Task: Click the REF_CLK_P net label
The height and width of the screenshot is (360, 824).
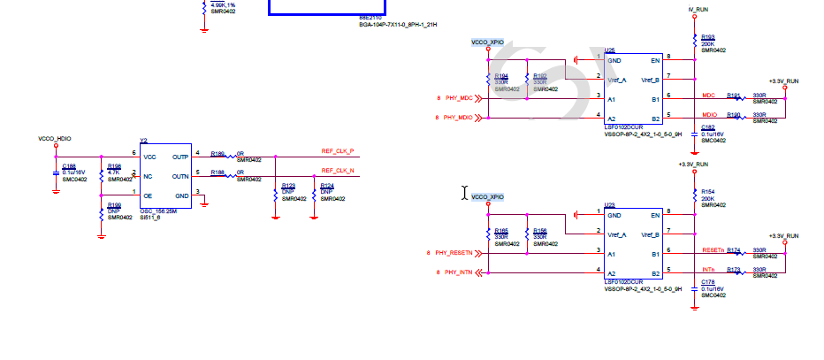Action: tap(338, 151)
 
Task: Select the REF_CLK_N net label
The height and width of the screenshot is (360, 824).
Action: tap(338, 170)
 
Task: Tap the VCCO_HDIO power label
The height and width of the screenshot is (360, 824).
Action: tap(54, 139)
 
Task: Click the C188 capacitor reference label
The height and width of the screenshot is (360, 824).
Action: tap(69, 165)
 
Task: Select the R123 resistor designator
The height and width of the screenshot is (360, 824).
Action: tap(288, 185)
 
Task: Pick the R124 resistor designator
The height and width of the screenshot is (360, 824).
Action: tap(326, 185)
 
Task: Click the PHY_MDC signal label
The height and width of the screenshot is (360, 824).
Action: tap(459, 97)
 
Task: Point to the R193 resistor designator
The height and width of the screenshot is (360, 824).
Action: tap(707, 36)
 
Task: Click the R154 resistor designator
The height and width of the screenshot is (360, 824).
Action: tap(707, 191)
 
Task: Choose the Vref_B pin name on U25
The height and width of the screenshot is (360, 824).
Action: tap(651, 80)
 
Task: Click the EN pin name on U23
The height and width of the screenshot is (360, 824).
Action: tap(655, 215)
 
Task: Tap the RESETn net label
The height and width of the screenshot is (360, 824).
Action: tap(713, 251)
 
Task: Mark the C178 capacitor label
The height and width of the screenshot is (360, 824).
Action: tap(707, 282)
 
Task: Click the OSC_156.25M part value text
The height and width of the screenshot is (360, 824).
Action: tap(159, 211)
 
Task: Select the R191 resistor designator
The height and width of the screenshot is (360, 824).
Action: tap(733, 95)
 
